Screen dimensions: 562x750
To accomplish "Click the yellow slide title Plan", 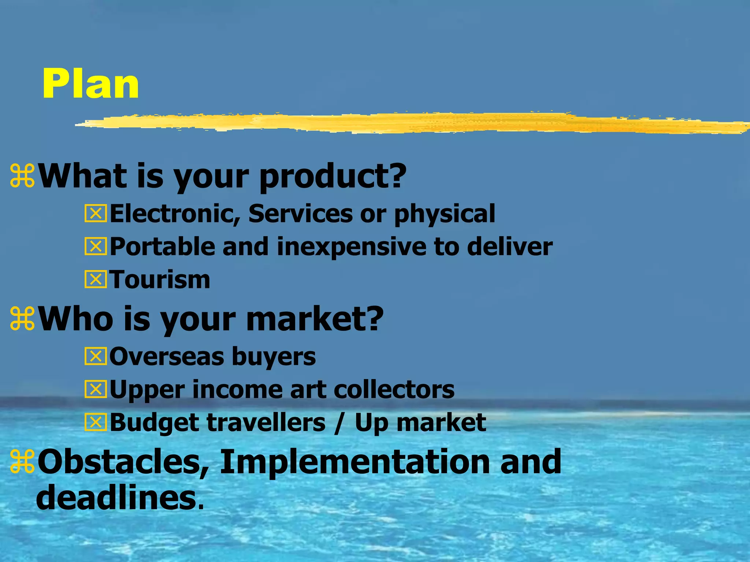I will click(x=90, y=84).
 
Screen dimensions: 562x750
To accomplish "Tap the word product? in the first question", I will click(x=333, y=176).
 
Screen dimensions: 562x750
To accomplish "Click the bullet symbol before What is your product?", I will click(x=22, y=176).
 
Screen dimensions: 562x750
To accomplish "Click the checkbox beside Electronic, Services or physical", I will click(x=96, y=214).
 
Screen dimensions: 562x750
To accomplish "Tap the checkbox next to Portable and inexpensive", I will click(x=96, y=247).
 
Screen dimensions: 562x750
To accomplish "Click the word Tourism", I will click(x=160, y=280).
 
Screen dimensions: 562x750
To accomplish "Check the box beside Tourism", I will click(x=96, y=280).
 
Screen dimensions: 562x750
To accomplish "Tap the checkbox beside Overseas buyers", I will click(x=96, y=356).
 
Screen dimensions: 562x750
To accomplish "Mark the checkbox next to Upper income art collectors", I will click(x=96, y=389).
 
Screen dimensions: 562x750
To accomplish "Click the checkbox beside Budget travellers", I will click(x=96, y=423).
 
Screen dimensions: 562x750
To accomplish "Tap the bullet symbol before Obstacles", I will click(x=22, y=461).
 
